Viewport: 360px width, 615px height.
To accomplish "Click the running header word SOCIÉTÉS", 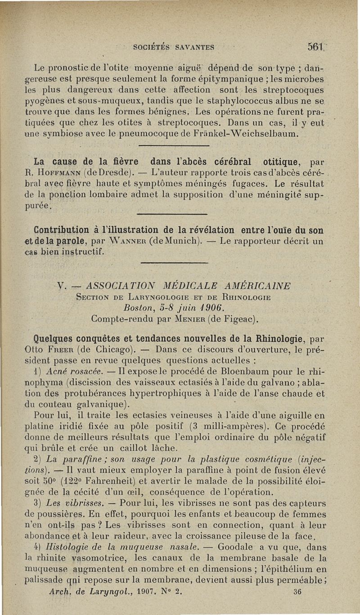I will click(155, 46).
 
